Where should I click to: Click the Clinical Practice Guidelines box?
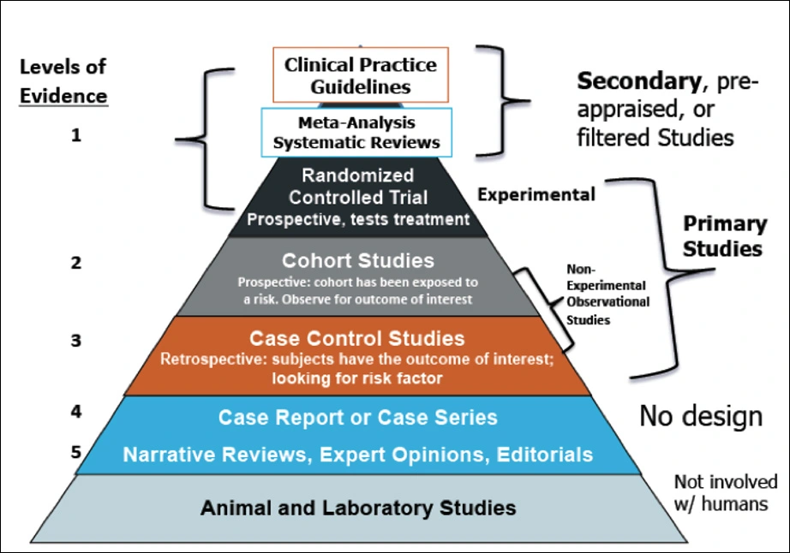pyautogui.click(x=360, y=76)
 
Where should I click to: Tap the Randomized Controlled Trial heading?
pyautogui.click(x=359, y=187)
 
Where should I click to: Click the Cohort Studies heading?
pyautogui.click(x=359, y=260)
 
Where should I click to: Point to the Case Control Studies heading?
pyautogui.click(x=357, y=338)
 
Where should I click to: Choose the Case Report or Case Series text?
pyautogui.click(x=357, y=418)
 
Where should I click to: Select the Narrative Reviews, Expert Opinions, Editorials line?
pyautogui.click(x=357, y=455)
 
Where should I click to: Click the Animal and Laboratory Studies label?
pyautogui.click(x=358, y=508)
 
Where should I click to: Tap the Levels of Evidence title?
pyautogui.click(x=64, y=81)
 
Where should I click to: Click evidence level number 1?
pyautogui.click(x=76, y=134)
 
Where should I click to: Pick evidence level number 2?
pyautogui.click(x=76, y=264)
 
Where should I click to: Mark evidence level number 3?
pyautogui.click(x=76, y=340)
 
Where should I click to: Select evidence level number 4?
pyautogui.click(x=76, y=410)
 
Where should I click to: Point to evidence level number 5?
pyautogui.click(x=76, y=450)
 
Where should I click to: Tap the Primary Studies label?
pyautogui.click(x=723, y=236)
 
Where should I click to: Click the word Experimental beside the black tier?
pyautogui.click(x=536, y=194)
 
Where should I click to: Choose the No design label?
pyautogui.click(x=700, y=416)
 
